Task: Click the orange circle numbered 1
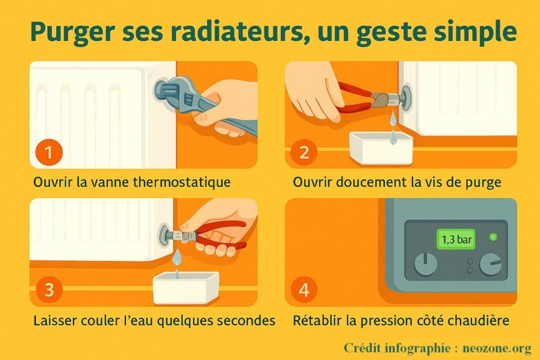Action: [x=49, y=152]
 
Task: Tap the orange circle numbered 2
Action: [x=304, y=152]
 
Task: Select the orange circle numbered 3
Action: [x=49, y=289]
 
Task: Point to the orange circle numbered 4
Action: [x=304, y=289]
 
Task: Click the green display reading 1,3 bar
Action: [x=456, y=239]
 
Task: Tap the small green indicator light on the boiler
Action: [x=493, y=237]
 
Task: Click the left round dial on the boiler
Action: [x=426, y=264]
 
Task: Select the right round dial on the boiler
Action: [x=491, y=264]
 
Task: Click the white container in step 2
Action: [x=381, y=147]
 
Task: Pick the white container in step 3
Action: [x=186, y=287]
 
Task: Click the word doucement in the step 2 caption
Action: [x=372, y=182]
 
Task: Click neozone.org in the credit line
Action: [x=497, y=348]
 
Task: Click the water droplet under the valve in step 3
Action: [x=177, y=257]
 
